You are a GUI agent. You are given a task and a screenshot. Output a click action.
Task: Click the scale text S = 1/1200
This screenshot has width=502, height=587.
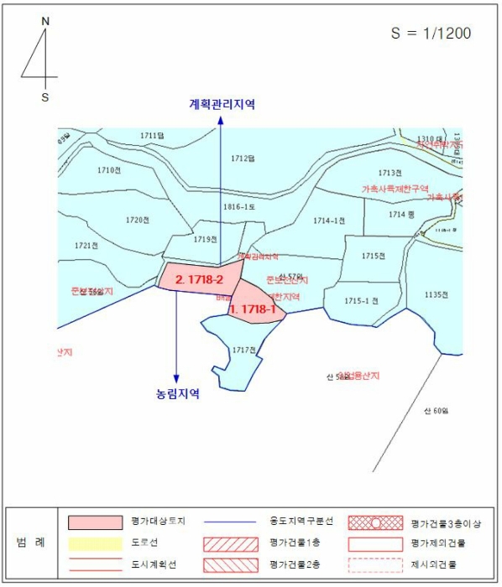pos(431,34)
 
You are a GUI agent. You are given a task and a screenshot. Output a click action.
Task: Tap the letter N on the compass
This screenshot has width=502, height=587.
pos(45,20)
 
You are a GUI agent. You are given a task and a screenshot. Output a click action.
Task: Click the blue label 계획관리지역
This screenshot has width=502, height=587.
pos(222,105)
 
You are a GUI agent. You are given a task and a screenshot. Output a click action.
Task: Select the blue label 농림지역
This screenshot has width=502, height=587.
pos(177,392)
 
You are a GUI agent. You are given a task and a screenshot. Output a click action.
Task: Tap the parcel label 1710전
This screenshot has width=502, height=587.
pos(109,170)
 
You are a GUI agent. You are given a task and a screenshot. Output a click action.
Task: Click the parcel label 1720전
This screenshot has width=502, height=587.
pos(137,220)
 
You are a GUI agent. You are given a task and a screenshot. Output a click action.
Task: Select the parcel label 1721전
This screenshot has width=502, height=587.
pos(86,246)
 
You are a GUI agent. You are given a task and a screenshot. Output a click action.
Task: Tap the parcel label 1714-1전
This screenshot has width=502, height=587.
pos(329,221)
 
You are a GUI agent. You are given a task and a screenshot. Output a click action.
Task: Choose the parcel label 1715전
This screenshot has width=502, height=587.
pos(374,256)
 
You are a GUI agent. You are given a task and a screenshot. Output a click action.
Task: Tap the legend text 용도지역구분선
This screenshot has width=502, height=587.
pos(301,522)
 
